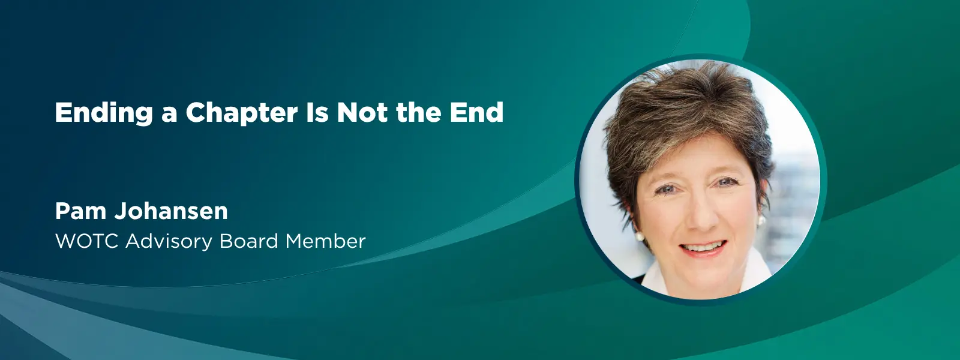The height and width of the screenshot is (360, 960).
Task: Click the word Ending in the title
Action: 104,113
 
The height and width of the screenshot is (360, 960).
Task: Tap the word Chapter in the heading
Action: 242,113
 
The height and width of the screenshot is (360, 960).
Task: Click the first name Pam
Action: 81,211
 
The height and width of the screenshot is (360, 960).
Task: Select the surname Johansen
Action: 171,211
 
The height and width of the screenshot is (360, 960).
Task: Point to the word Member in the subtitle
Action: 326,241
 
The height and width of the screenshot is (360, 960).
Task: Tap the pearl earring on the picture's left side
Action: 640,236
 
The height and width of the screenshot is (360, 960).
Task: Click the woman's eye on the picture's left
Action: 665,189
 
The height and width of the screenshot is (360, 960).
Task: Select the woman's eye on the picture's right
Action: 727,182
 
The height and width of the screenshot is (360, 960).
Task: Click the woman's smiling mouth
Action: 704,248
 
